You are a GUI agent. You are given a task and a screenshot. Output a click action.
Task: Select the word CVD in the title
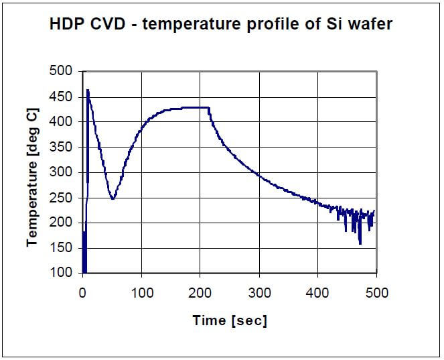110,25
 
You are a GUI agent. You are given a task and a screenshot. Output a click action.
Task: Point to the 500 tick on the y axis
64,71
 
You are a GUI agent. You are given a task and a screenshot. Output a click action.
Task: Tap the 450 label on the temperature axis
64,97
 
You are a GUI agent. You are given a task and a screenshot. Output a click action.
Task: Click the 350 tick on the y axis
64,147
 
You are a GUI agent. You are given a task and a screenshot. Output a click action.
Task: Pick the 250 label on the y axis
64,197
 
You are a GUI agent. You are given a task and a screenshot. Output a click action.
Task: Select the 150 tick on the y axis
64,248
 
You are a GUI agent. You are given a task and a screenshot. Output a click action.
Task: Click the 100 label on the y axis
64,273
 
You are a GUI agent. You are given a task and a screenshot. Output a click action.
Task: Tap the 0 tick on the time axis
82,293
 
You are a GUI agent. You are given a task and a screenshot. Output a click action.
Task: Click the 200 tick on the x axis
200,293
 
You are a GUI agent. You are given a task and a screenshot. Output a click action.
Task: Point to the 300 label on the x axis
259,293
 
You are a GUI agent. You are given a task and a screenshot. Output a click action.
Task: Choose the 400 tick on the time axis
318,293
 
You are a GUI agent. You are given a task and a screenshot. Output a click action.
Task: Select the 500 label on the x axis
376,293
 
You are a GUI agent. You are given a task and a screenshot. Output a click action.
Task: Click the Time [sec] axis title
230,320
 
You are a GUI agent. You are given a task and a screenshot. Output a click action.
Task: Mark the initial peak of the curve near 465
87,90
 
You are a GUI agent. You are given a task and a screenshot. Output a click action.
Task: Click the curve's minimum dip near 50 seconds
113,198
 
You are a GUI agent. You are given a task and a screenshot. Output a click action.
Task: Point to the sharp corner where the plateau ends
209,107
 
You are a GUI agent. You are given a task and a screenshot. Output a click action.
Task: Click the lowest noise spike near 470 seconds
360,243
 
